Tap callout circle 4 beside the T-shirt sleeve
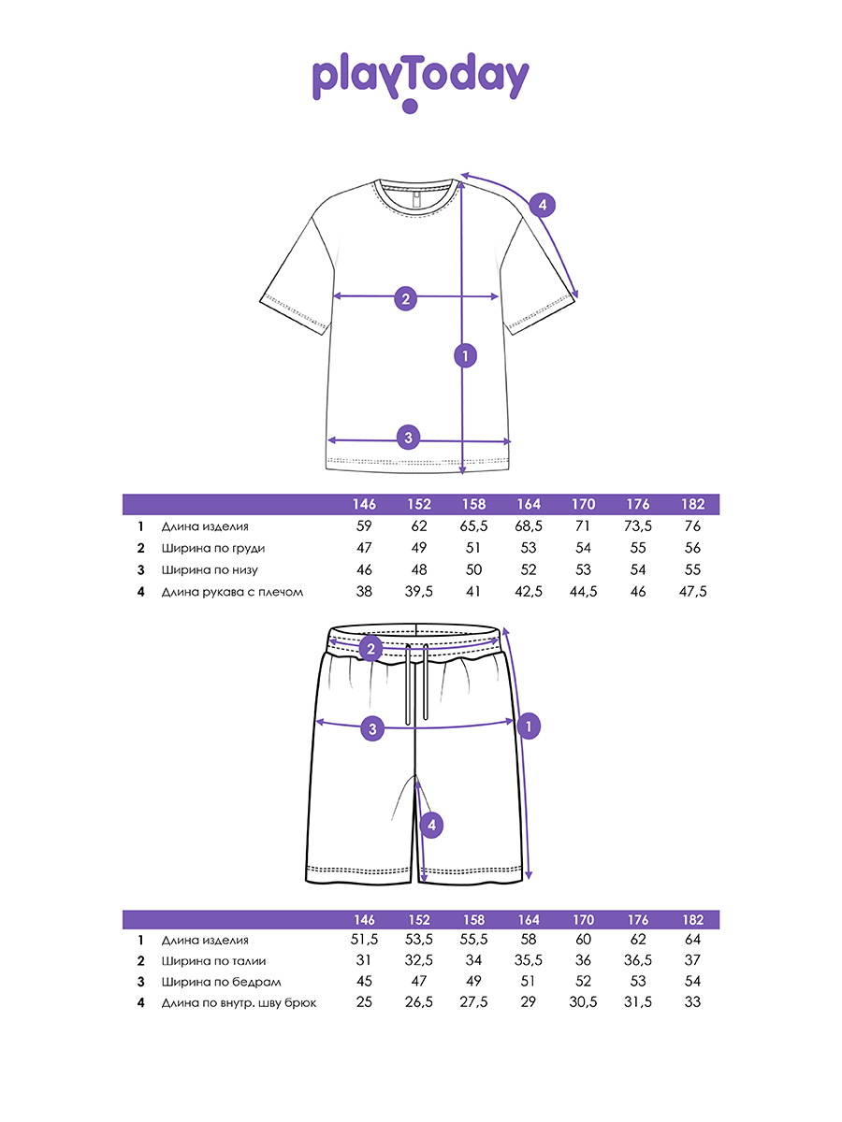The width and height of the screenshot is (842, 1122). pos(543,206)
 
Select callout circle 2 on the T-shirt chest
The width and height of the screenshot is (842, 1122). pos(405,299)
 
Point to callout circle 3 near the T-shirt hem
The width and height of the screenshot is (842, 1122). pos(408,436)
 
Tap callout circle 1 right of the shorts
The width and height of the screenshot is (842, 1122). pos(529,726)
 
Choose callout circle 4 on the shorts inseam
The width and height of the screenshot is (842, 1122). pos(429,825)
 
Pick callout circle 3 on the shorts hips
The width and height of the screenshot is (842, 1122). pos(372,729)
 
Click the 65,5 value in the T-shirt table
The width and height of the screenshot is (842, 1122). pos(473,526)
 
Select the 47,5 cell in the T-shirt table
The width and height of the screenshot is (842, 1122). pos(692,592)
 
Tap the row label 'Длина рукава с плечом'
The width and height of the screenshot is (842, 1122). pos(232,592)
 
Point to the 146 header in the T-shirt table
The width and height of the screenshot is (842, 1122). pos(365,505)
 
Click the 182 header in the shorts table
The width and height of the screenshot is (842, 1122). pos(692,920)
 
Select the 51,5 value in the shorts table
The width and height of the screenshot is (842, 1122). pos(365,940)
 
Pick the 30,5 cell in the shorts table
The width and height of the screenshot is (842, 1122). pos(583,1003)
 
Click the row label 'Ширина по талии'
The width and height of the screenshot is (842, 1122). pos(213,961)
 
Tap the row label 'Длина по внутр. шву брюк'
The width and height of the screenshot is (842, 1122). pos(239,1003)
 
